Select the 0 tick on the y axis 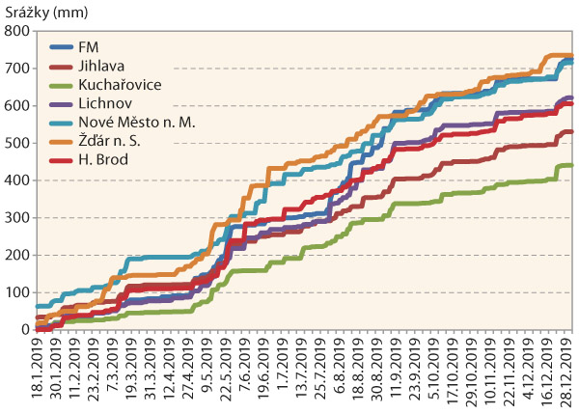coord(25,330)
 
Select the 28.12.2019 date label coord(568,373)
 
